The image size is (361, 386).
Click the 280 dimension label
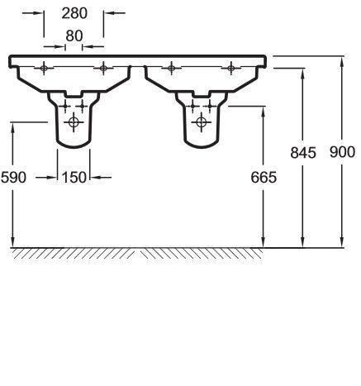pos(74,13)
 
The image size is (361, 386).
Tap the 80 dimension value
pos(74,36)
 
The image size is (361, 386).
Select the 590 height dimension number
pos(14,176)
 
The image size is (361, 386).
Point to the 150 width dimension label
pos(74,176)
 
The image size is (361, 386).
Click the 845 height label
pos(304,152)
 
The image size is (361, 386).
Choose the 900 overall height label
pos(341,152)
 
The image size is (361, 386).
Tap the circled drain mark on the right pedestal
pos(198,122)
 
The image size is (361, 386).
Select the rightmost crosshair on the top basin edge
pos(230,68)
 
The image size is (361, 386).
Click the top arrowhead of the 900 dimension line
pos(341,60)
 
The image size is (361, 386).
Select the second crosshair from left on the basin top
pos(103,68)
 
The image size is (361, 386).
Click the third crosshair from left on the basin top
pos(169,68)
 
